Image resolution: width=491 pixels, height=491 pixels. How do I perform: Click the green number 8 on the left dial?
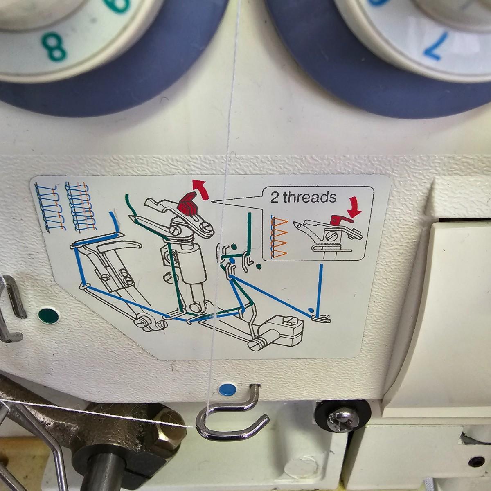point(54,47)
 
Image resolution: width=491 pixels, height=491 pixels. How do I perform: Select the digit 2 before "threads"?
point(274,198)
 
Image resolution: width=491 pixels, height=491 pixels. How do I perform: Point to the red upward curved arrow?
point(201,189)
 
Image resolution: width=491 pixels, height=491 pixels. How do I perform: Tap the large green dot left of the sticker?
point(49,315)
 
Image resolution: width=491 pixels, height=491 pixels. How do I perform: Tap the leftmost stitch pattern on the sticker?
point(50,207)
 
